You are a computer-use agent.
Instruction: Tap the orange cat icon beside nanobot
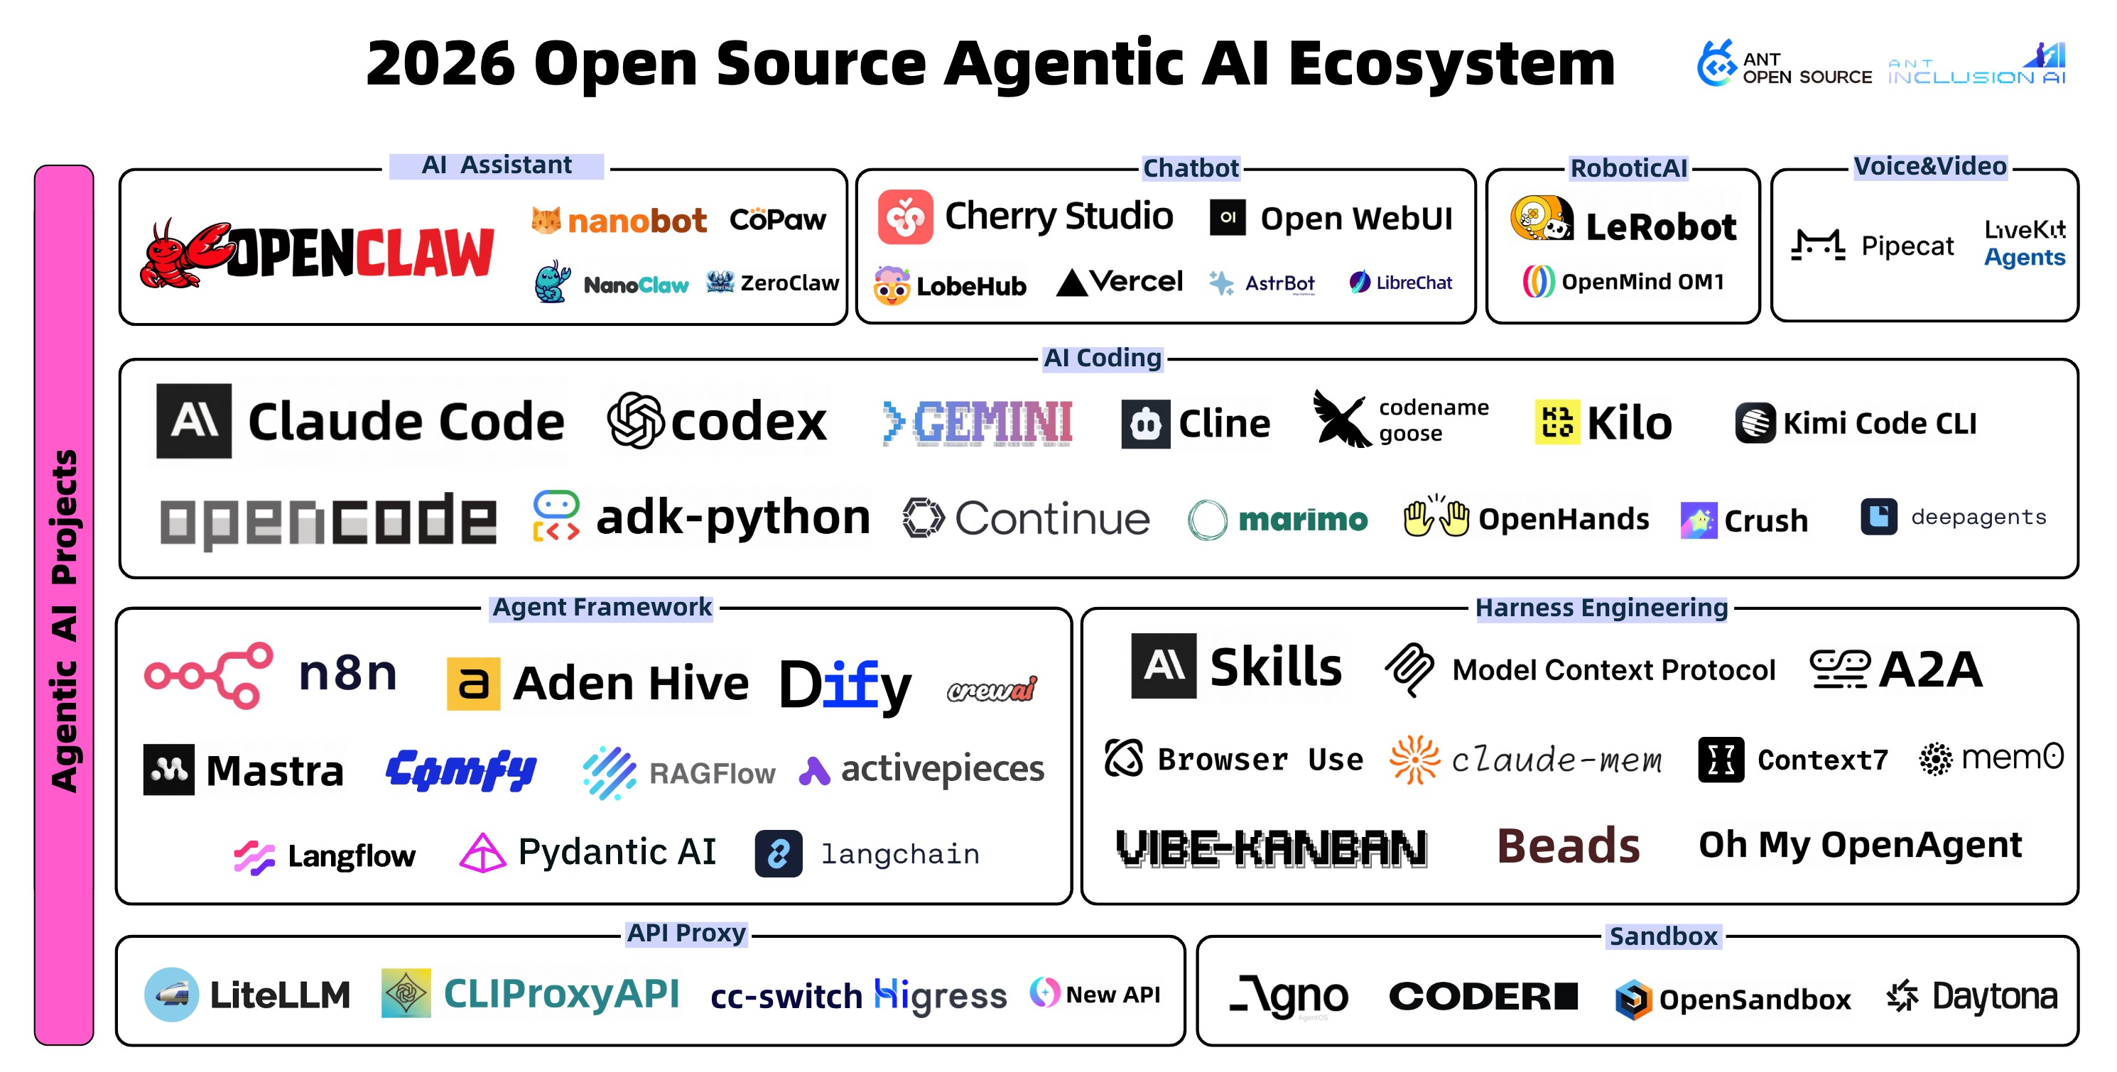coord(546,219)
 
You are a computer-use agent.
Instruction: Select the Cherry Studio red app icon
coord(905,217)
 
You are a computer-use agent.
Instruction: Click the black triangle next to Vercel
coord(1072,283)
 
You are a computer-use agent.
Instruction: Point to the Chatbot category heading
coord(1190,168)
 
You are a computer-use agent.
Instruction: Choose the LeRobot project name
coord(1660,226)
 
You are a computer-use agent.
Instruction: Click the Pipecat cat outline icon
coord(1818,246)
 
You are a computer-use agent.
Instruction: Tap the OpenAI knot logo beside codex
coord(635,420)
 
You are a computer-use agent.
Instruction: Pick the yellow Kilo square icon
coord(1556,422)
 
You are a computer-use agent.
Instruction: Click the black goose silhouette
coord(1341,419)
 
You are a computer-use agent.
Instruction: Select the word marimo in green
coord(1303,519)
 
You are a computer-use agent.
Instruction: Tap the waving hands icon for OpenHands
coord(1436,518)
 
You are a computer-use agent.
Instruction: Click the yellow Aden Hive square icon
coord(472,684)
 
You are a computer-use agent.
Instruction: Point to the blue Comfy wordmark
coord(461,770)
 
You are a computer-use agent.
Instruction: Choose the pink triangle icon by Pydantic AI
coord(482,853)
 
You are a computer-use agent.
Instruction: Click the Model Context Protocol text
coord(1613,670)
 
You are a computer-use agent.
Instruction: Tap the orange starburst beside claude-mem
coord(1414,759)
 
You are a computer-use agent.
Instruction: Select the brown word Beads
coord(1568,846)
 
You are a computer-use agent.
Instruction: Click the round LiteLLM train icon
coord(171,995)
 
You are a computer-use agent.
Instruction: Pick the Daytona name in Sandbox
coord(1995,997)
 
